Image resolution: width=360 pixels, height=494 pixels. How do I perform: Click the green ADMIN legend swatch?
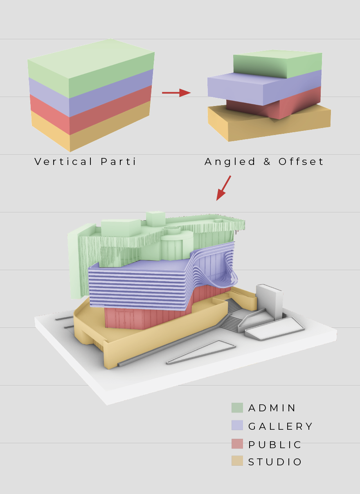pos(237,408)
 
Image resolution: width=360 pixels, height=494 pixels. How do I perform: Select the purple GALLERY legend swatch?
pos(237,425)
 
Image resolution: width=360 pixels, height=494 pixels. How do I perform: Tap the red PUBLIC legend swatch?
pos(237,444)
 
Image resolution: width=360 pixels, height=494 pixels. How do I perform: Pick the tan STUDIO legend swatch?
pos(237,461)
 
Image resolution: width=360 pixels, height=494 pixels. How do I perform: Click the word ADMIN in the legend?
pos(272,408)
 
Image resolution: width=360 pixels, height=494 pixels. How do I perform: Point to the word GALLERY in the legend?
pos(280,426)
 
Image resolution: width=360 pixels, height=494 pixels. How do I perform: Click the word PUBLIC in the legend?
pos(274,444)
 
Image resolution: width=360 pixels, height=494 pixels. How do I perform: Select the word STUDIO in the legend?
pos(274,462)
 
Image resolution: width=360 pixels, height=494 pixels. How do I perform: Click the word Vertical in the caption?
pos(63,161)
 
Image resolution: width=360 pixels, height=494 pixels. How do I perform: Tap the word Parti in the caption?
pos(118,161)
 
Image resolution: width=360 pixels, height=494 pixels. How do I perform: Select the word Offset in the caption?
pos(301,161)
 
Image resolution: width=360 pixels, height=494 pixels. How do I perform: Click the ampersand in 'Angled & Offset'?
pos(267,162)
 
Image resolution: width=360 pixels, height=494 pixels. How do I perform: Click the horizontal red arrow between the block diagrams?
pos(176,92)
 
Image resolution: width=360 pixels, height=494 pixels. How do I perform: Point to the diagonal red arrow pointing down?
pos(223,188)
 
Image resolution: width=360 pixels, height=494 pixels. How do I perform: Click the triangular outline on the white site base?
pos(201,352)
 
